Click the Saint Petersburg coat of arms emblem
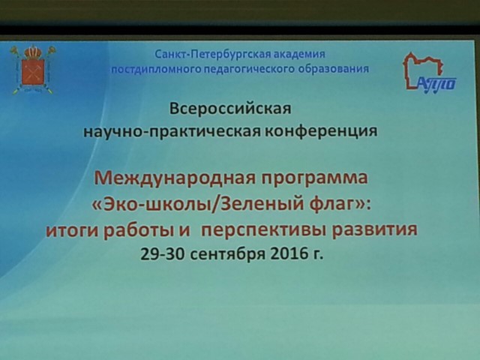(x=33, y=70)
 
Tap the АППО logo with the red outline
(x=429, y=73)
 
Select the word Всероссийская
(x=230, y=109)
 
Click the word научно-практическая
(x=172, y=132)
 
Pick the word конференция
(x=321, y=131)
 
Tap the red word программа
(x=314, y=178)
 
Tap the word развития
(x=375, y=229)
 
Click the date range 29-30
(x=163, y=253)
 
